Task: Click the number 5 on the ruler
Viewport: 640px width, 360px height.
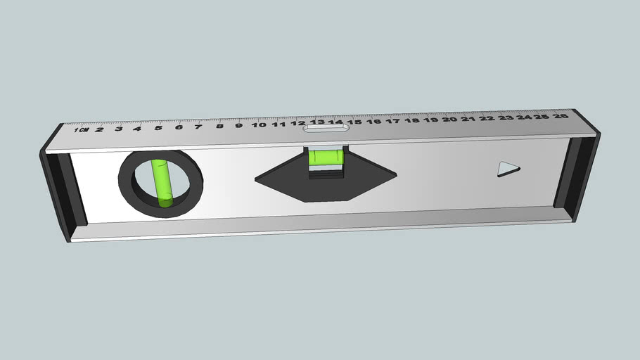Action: click(158, 127)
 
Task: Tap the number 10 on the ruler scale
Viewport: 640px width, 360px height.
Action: click(259, 125)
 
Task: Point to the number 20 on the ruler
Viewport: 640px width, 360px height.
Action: click(449, 120)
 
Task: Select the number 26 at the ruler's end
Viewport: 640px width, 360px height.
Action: click(561, 116)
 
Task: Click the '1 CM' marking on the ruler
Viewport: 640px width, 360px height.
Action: click(81, 130)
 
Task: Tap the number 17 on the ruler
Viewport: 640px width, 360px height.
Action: click(392, 121)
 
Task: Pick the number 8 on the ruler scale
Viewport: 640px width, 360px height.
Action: click(219, 126)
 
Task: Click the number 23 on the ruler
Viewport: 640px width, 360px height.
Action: click(506, 117)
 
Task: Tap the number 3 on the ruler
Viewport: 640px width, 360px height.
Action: click(118, 129)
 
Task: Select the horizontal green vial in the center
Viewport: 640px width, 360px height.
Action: click(325, 157)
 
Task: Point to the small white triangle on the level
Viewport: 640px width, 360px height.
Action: click(507, 169)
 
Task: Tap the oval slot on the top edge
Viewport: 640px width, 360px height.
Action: click(326, 127)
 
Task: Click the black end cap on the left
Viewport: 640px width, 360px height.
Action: click(60, 190)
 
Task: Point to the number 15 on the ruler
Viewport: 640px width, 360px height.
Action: click(354, 122)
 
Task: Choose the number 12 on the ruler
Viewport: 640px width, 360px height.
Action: click(298, 124)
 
